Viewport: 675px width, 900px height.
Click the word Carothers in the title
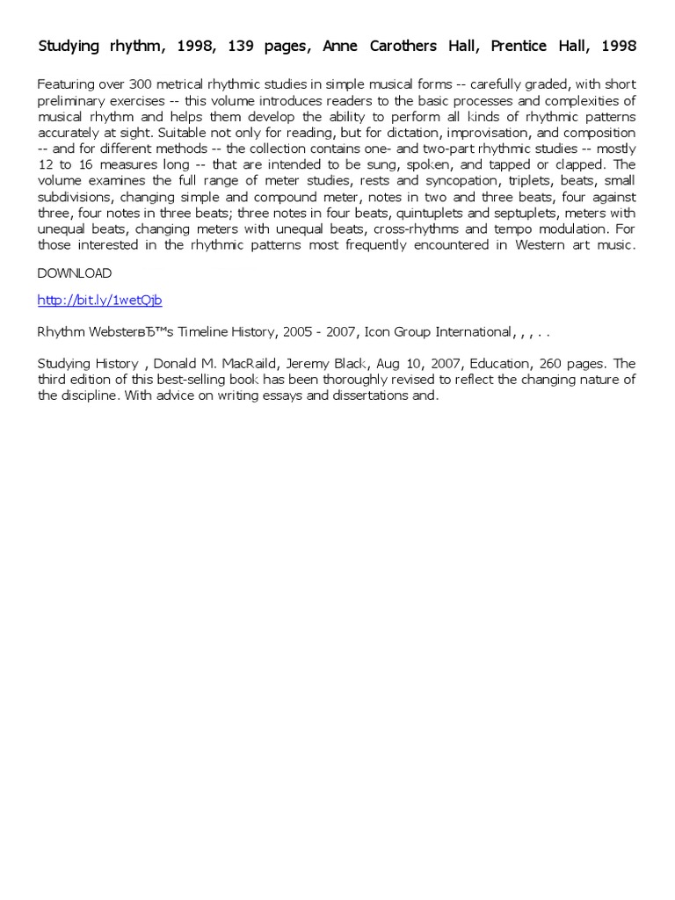point(396,46)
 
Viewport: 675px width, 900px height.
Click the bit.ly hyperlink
point(99,300)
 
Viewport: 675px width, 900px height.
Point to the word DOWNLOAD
point(75,273)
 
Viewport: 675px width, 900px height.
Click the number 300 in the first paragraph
point(142,85)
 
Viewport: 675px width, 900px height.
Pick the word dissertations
point(359,396)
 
